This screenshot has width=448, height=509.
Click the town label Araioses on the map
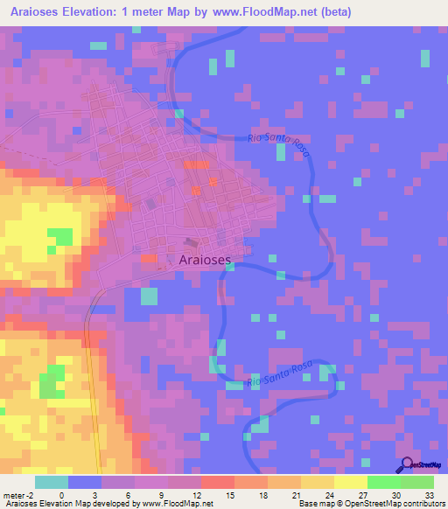(205, 260)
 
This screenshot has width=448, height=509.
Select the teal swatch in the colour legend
(52, 482)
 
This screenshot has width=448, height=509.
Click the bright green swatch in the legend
(383, 482)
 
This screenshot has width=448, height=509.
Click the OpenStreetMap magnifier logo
(405, 464)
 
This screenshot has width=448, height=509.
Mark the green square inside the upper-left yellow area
(59, 236)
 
